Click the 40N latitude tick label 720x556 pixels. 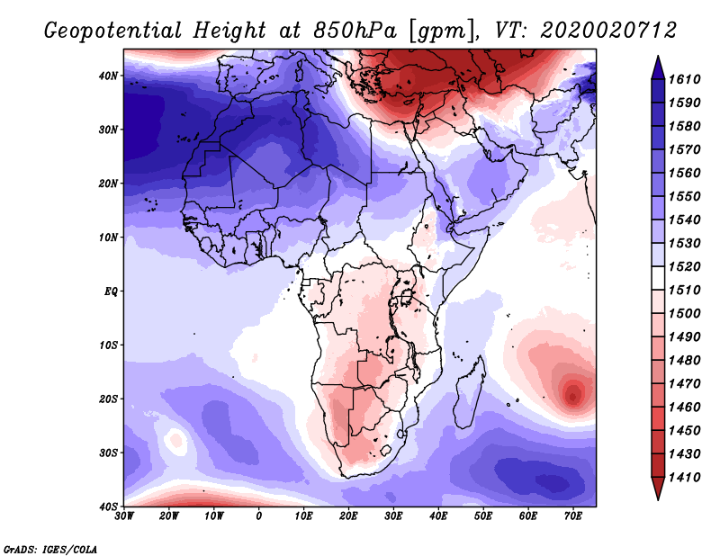point(108,76)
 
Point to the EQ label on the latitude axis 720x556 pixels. point(111,291)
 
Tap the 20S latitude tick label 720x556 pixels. point(108,399)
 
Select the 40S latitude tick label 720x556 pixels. point(108,507)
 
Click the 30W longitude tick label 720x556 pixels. point(124,516)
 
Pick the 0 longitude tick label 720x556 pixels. point(259,516)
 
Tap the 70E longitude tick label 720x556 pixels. point(573,516)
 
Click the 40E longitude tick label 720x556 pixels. point(438,516)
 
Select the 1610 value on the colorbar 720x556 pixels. point(684,79)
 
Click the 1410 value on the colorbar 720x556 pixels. point(684,478)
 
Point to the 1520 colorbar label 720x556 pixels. point(684,266)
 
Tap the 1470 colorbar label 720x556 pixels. point(684,384)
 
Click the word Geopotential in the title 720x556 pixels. point(112,31)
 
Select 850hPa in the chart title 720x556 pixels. point(355,31)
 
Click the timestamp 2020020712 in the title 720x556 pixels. point(608,31)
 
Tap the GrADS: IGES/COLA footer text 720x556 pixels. point(50,550)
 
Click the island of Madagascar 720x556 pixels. point(469,392)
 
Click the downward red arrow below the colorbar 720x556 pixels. point(658,489)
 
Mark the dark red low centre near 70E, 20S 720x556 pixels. point(572,396)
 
